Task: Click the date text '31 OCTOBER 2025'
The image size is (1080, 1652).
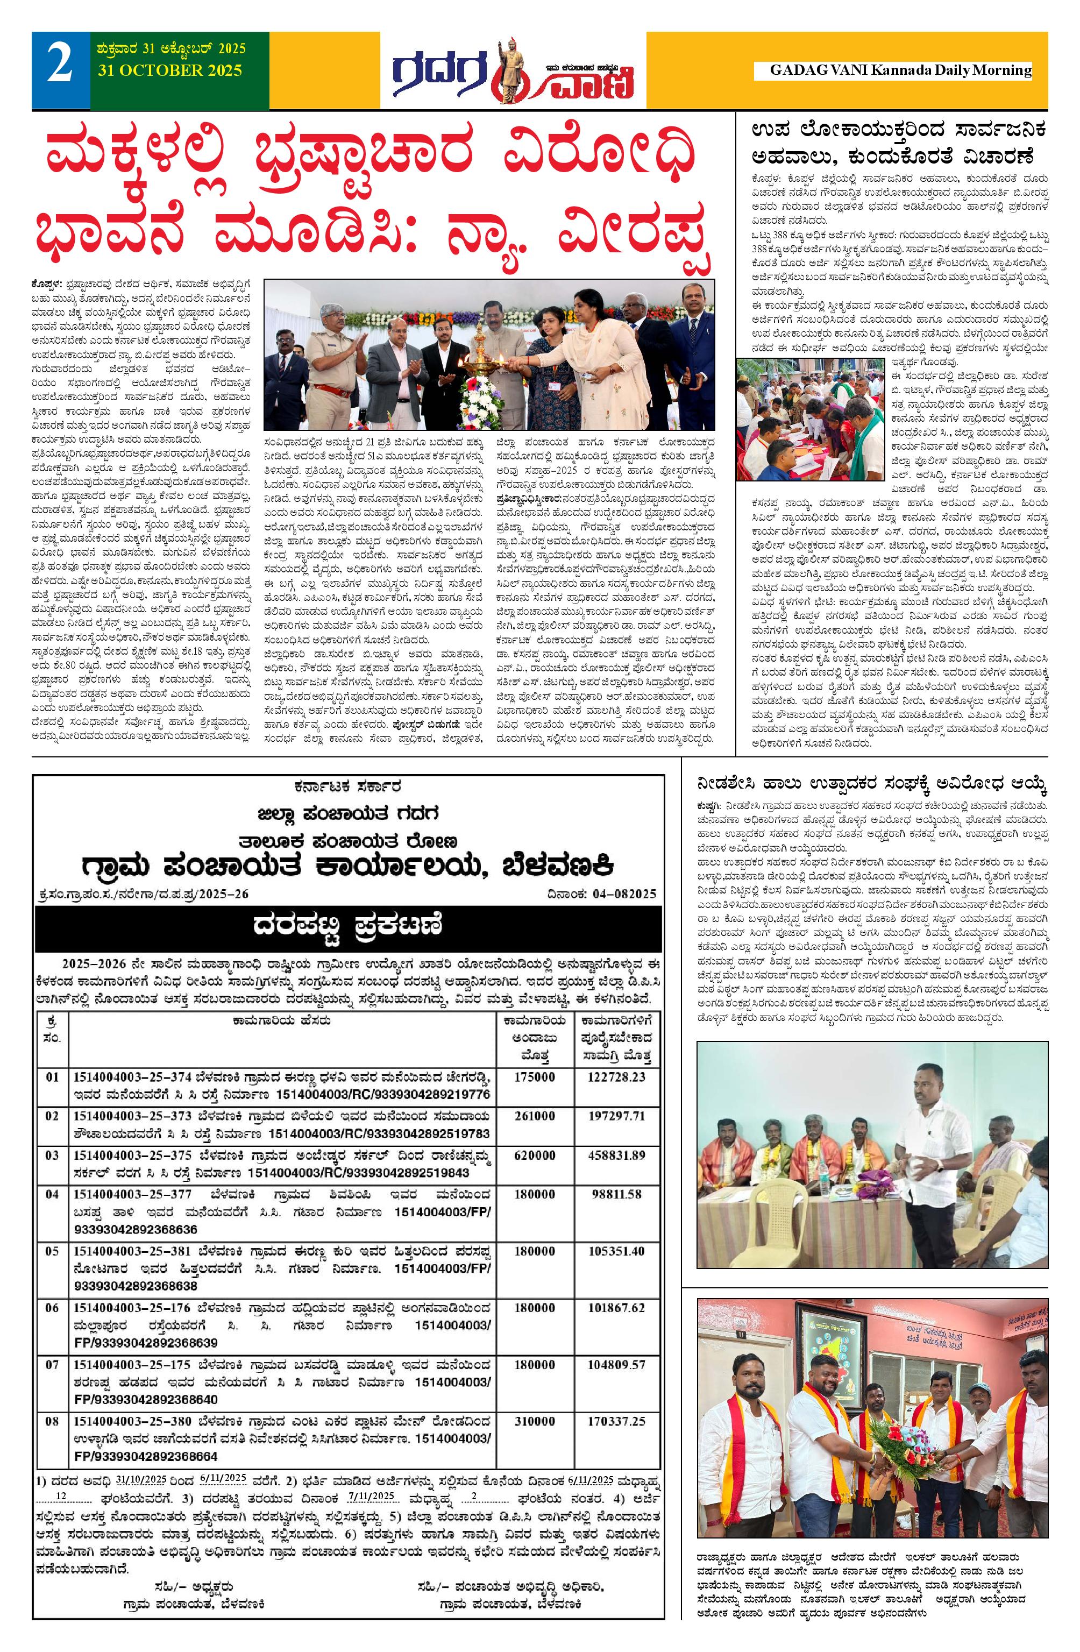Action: (170, 70)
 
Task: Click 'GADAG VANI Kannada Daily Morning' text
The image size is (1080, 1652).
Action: (900, 70)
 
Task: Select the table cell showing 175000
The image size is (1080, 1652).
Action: (535, 1076)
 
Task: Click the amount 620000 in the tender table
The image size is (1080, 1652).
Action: (535, 1155)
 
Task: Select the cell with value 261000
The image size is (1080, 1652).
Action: (535, 1116)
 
